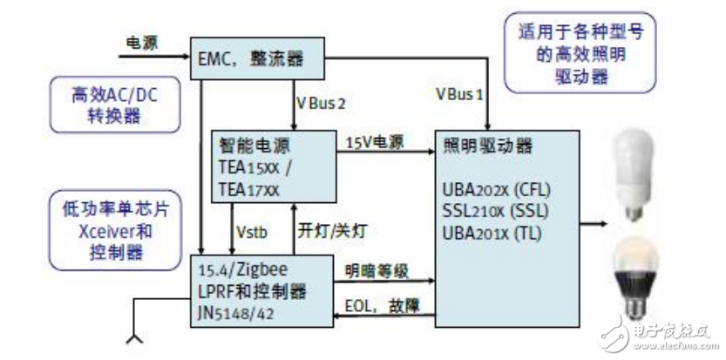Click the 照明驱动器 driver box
click(505, 227)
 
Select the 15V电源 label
click(376, 141)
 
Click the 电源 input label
click(140, 41)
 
